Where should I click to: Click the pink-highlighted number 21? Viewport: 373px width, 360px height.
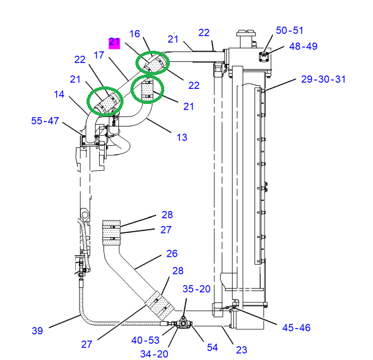[x=115, y=43]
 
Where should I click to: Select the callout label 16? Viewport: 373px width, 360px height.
[x=135, y=34]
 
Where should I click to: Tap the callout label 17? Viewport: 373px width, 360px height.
[x=99, y=55]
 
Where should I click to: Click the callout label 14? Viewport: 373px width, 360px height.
[x=59, y=95]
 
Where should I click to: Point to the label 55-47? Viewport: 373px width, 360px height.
[x=45, y=121]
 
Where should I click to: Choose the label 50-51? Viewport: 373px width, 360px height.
[x=290, y=31]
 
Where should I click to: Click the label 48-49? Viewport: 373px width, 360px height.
[x=303, y=46]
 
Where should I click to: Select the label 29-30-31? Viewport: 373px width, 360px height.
[x=323, y=79]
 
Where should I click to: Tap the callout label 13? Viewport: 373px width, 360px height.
[x=182, y=137]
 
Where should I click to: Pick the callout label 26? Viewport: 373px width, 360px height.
[x=172, y=254]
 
